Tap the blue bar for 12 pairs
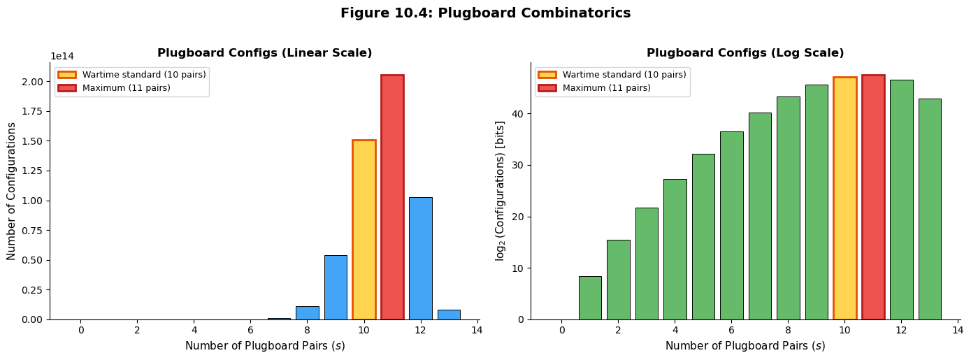click(420, 258)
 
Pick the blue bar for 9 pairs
click(336, 287)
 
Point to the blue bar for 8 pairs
click(307, 312)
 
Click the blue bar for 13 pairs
click(449, 315)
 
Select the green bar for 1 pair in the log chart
click(590, 298)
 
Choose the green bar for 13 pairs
click(930, 209)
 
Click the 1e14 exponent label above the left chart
click(62, 57)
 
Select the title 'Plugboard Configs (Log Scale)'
click(745, 53)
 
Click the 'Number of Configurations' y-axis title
click(12, 191)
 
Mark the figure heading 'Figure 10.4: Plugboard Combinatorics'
click(485, 13)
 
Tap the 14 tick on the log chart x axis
click(957, 331)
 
